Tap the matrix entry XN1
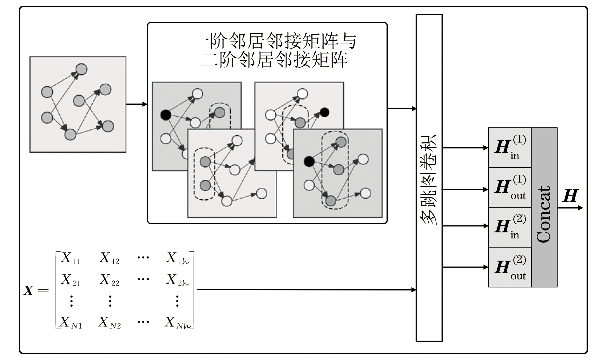(71, 323)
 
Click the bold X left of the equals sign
(29, 290)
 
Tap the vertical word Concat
(544, 214)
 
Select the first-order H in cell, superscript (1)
(510, 148)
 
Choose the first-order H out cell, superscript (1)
(510, 188)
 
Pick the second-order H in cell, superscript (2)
(510, 227)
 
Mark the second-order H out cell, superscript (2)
(510, 267)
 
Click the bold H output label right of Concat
(571, 196)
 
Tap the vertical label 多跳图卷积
(429, 179)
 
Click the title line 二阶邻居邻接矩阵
(274, 59)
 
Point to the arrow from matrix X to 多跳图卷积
(306, 290)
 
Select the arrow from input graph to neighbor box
(137, 104)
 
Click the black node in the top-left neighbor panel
(166, 115)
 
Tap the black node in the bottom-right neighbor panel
(309, 161)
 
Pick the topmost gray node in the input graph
(82, 69)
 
